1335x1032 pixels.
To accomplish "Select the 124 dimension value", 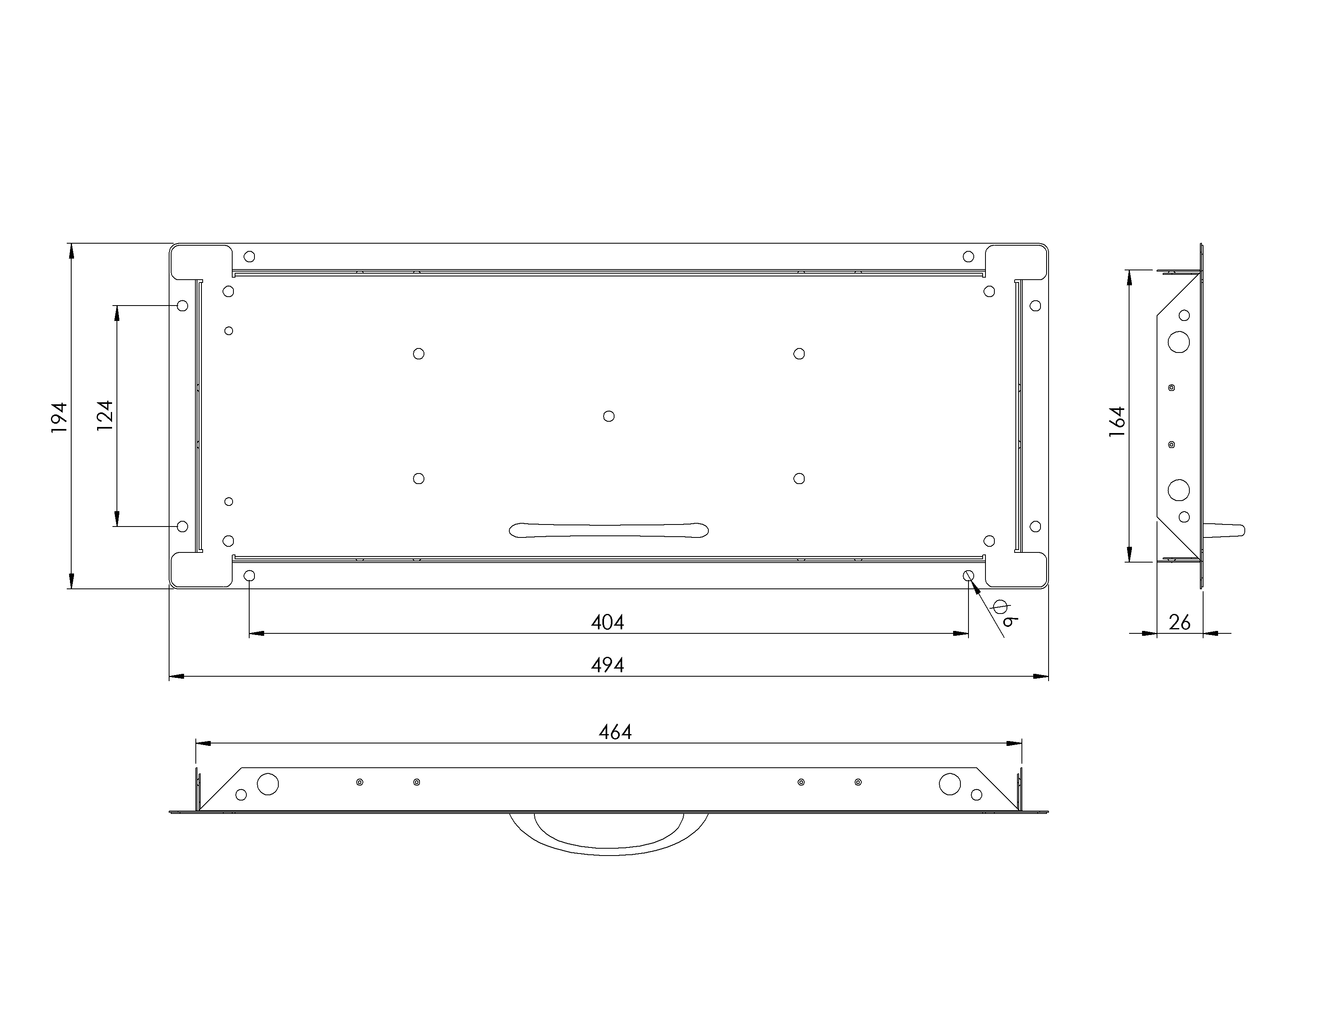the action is pos(105,416).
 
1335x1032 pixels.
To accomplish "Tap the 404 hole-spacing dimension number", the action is pos(608,622).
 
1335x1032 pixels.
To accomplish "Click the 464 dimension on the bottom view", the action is pos(615,732).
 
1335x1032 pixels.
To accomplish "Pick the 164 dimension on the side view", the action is pos(1117,421).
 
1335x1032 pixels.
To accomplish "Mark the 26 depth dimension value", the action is pos(1179,622).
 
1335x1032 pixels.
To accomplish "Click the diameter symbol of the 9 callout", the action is pos(1000,607).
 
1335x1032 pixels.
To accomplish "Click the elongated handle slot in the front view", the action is pos(609,530).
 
